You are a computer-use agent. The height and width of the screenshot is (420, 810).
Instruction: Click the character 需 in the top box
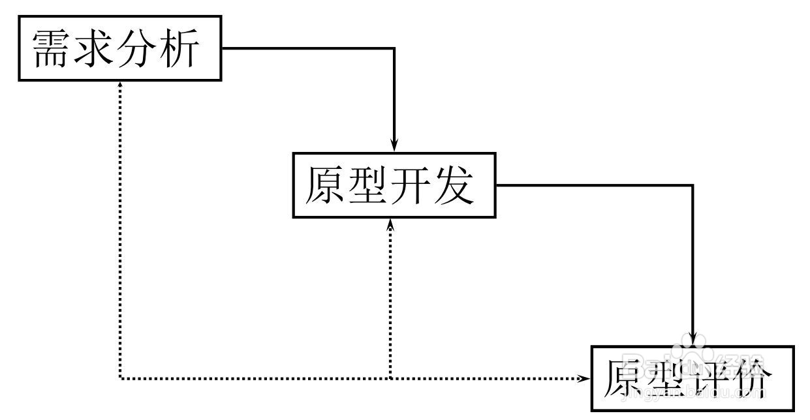(50, 48)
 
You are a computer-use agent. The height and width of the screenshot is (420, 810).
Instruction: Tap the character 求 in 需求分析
(93, 48)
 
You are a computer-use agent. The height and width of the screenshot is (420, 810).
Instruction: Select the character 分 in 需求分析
(136, 48)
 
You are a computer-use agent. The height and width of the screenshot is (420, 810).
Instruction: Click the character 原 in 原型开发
(325, 185)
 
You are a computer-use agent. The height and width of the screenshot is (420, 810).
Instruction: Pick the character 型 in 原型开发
(367, 185)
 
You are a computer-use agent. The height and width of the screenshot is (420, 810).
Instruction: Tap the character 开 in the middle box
(411, 185)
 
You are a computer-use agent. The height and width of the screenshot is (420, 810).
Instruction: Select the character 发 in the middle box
(454, 185)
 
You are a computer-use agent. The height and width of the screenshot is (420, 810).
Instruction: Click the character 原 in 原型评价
(623, 378)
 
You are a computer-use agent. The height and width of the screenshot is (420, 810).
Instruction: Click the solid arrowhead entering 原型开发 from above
(394, 145)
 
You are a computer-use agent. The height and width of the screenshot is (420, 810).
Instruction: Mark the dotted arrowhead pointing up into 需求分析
(120, 85)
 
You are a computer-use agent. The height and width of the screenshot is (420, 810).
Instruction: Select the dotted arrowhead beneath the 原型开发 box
(390, 225)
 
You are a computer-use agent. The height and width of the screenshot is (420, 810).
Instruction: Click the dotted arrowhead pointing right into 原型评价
(584, 378)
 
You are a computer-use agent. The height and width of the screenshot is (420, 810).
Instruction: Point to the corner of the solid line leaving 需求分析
(394, 48)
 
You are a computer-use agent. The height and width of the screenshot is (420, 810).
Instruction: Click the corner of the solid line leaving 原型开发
(693, 185)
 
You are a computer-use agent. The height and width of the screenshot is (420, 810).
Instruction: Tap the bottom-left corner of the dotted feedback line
(120, 378)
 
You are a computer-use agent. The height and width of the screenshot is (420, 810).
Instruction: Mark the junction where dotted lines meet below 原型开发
(390, 378)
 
